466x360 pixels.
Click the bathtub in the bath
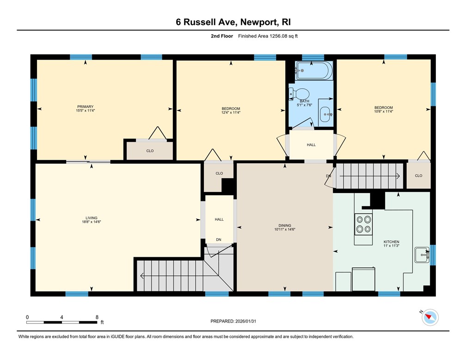(314, 70)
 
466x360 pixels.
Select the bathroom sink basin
(325, 114)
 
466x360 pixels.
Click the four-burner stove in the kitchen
(363, 224)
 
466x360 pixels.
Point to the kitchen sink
(422, 254)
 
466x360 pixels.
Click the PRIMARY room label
(85, 106)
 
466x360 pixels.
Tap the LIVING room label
(92, 218)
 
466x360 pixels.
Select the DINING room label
(285, 225)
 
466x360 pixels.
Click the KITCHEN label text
(391, 242)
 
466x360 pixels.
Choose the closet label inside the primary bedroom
(150, 151)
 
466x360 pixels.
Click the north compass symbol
(430, 317)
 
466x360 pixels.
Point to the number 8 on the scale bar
(97, 317)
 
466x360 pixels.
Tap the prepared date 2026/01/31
(245, 321)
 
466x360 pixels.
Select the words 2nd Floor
(222, 36)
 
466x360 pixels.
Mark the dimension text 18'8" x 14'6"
(92, 222)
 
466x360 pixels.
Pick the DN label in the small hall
(218, 240)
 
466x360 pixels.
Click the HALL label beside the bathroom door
(311, 145)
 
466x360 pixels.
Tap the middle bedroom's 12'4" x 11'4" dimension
(231, 112)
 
